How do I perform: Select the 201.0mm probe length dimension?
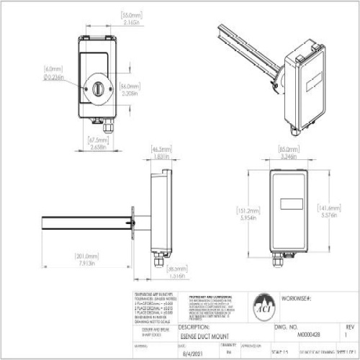87,257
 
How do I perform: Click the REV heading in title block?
351,326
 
